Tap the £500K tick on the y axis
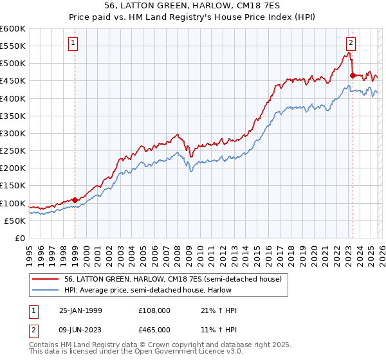tap(13, 64)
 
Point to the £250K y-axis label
tap(13, 151)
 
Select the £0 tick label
tap(19, 239)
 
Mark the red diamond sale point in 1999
tap(75, 200)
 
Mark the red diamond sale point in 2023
tap(353, 76)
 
